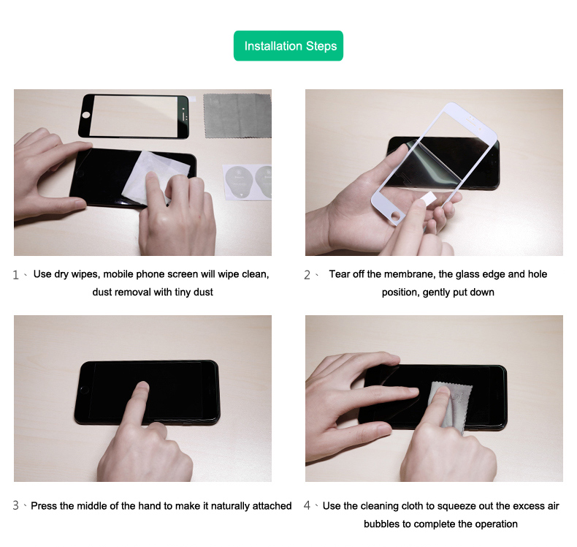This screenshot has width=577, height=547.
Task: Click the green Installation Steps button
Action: point(288,45)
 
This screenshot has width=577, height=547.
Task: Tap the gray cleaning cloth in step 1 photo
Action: point(237,116)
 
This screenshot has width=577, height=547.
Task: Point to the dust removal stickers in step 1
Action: point(248,183)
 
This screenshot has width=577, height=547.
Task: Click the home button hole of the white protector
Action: point(396,216)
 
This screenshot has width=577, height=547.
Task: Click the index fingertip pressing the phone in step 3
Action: point(142,387)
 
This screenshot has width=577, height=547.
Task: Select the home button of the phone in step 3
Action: point(84,390)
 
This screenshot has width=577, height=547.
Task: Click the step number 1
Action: point(15,275)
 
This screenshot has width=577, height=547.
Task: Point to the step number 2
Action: point(307,275)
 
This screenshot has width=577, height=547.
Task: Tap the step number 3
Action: point(16,505)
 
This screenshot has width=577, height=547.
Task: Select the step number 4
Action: point(307,505)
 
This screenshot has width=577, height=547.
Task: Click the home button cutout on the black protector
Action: point(86,115)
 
